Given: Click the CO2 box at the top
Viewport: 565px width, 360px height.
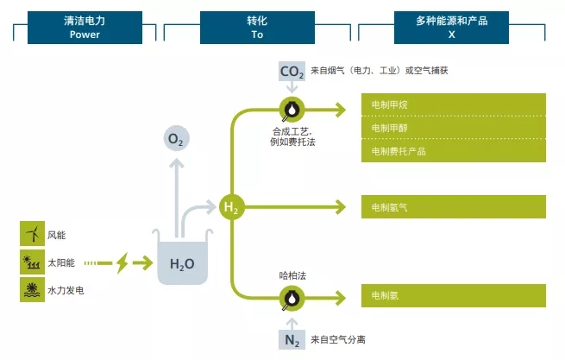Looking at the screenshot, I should (292, 72).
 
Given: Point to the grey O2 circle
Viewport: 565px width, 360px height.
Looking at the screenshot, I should (176, 139).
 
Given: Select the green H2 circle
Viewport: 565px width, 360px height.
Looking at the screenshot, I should (231, 207).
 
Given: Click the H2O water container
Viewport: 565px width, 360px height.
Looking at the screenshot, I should (181, 259).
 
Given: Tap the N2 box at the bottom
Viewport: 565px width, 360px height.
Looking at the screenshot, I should (292, 339).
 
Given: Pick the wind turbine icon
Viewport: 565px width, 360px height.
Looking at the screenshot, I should (32, 234).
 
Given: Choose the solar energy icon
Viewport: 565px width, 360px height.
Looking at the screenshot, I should (32, 262).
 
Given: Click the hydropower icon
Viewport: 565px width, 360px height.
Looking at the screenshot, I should (32, 290).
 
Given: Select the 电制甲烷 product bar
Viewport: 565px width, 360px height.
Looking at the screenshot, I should (453, 104).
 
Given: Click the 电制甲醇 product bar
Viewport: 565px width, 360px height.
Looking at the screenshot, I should (453, 128).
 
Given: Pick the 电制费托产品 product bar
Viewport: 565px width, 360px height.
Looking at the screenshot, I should (453, 151).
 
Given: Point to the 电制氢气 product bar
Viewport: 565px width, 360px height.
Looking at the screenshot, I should (453, 207).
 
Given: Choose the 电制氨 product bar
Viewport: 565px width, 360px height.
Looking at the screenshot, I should (453, 296).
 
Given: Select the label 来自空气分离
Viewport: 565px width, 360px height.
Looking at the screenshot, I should (339, 339).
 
